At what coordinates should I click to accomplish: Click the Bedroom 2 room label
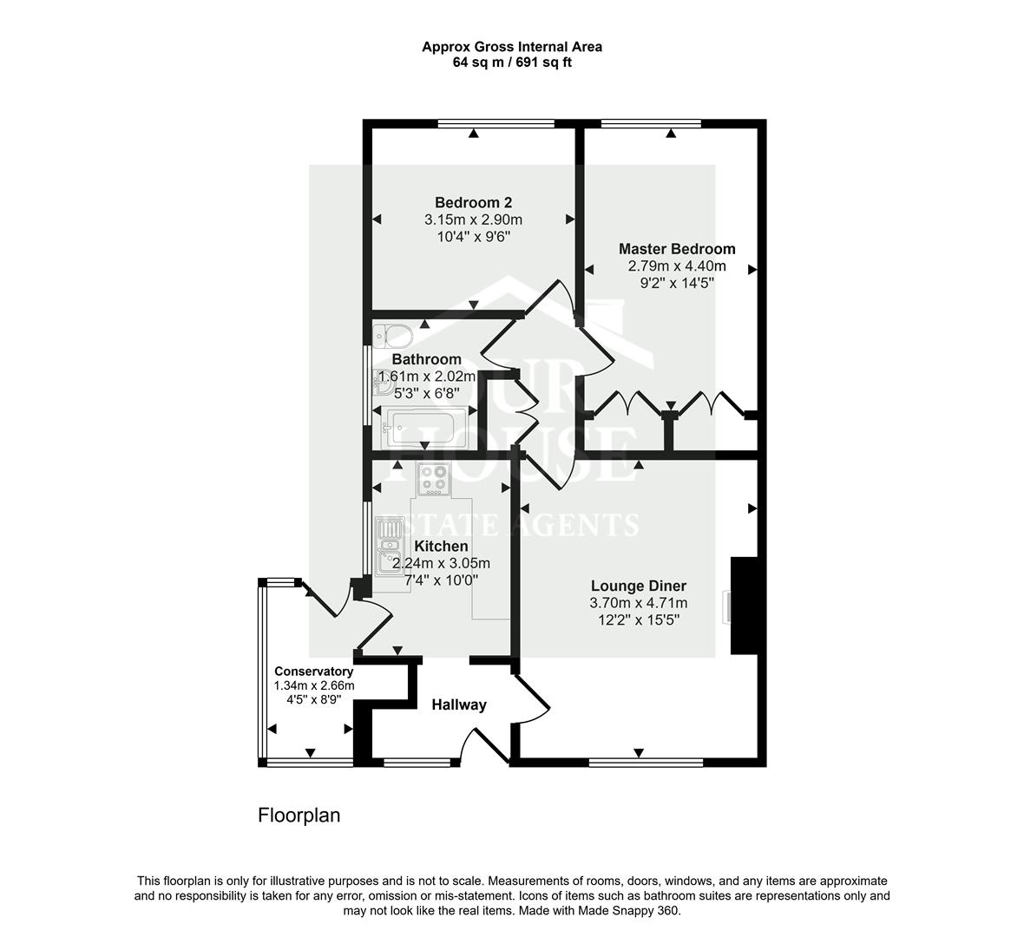pyautogui.click(x=473, y=203)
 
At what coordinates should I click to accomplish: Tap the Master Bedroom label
pyautogui.click(x=677, y=249)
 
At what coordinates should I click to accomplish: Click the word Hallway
pyautogui.click(x=459, y=704)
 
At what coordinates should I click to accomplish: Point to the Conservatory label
pyautogui.click(x=313, y=672)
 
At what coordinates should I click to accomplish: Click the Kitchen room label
pyautogui.click(x=441, y=547)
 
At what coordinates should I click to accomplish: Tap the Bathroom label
pyautogui.click(x=426, y=359)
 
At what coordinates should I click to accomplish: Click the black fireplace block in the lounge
pyautogui.click(x=744, y=606)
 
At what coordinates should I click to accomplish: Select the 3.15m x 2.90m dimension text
pyautogui.click(x=473, y=220)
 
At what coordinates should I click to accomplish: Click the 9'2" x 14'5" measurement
pyautogui.click(x=677, y=283)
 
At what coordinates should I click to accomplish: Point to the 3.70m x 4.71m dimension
pyautogui.click(x=638, y=603)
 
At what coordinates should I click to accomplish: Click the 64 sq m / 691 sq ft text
pyautogui.click(x=512, y=62)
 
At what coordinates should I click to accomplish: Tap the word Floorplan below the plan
pyautogui.click(x=299, y=816)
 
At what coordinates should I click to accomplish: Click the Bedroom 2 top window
pyautogui.click(x=496, y=123)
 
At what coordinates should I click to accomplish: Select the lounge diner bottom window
pyautogui.click(x=645, y=762)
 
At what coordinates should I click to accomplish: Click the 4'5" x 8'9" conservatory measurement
pyautogui.click(x=313, y=699)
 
